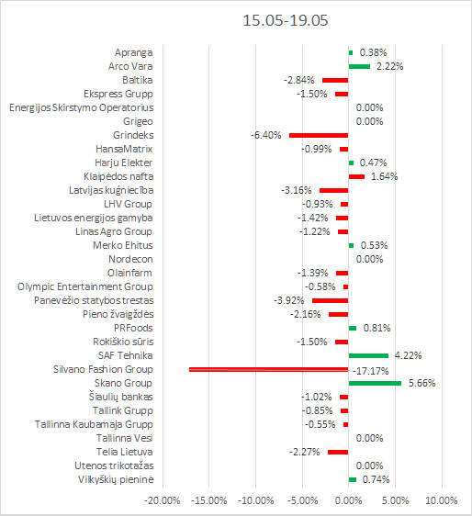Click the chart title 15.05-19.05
click(286, 20)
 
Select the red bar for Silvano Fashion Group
click(268, 369)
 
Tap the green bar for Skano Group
click(375, 383)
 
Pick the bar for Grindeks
click(319, 135)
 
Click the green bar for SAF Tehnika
click(368, 355)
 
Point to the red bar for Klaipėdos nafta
click(356, 176)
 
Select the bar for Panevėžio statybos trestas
click(331, 300)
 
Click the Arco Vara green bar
click(359, 66)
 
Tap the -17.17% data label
click(371, 371)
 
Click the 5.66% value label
click(422, 383)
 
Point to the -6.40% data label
click(266, 135)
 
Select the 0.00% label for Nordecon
click(370, 259)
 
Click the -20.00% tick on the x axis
click(163, 500)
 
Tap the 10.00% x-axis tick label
click(442, 500)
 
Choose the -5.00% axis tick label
click(302, 500)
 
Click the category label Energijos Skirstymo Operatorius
click(82, 108)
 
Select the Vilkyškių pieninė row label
click(116, 479)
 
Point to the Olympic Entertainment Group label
click(85, 287)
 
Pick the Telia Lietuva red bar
click(338, 452)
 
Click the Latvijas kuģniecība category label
click(111, 191)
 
